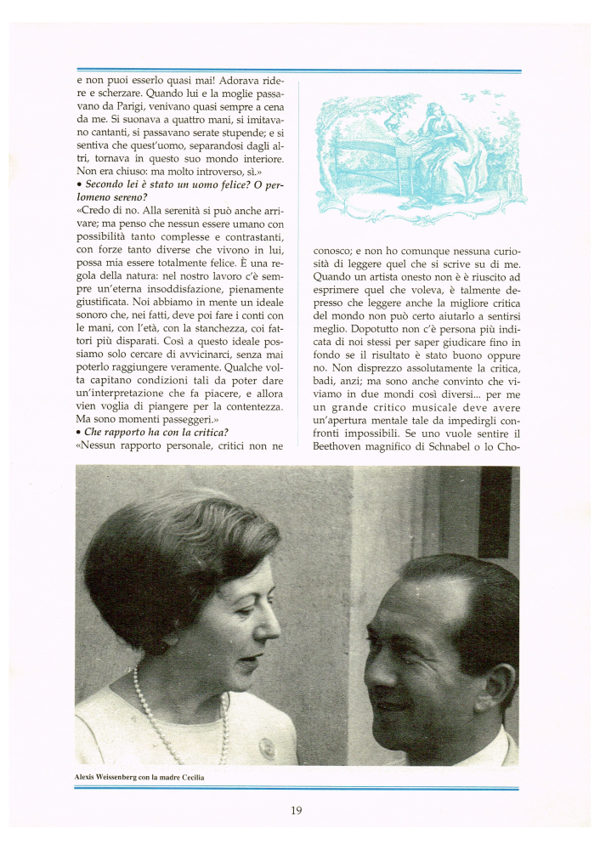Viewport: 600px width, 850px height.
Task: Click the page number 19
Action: pyautogui.click(x=296, y=810)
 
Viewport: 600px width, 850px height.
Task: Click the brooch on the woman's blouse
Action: pyautogui.click(x=266, y=747)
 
